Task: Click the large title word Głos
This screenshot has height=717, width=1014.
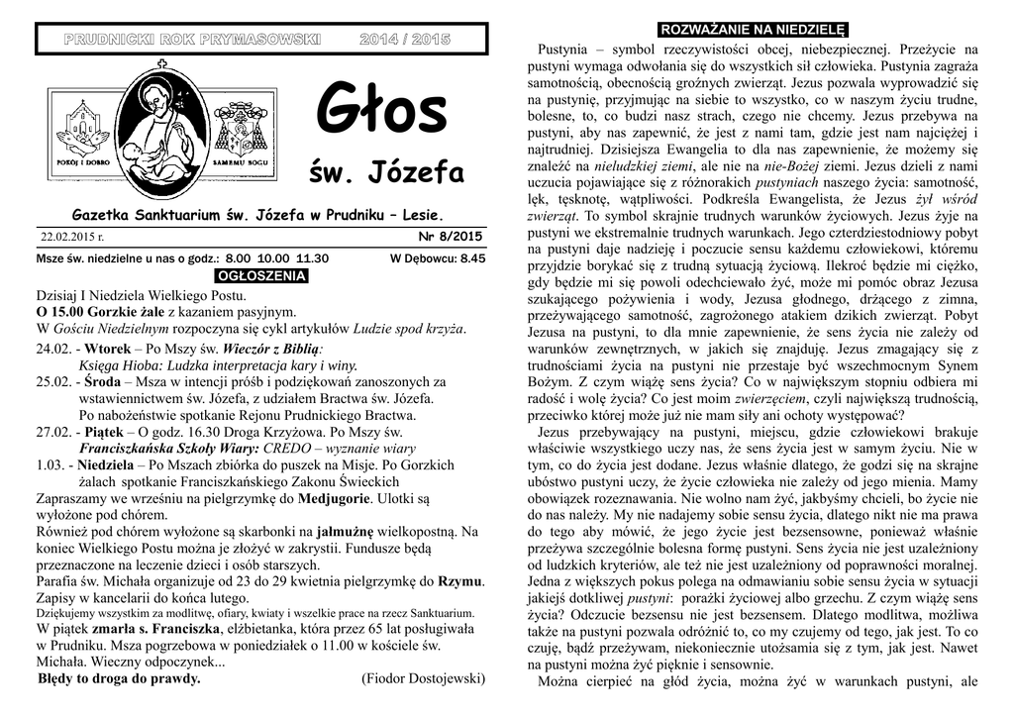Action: click(x=381, y=112)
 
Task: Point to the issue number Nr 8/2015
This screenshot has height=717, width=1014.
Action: click(x=451, y=237)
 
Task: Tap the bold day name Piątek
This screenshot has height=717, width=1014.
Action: click(x=104, y=431)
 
